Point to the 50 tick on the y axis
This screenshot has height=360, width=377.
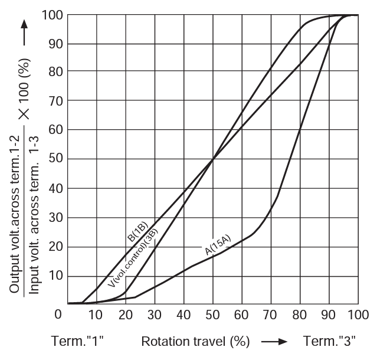point(57,159)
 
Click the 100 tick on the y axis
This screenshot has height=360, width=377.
point(54,15)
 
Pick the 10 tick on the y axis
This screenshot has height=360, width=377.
point(57,276)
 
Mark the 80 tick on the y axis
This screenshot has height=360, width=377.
point(57,71)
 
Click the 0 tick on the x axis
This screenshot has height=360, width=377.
point(58,314)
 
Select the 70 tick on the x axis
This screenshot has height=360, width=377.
point(270,314)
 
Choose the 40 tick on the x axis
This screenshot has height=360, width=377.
point(183,314)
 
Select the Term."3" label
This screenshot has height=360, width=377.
point(329,342)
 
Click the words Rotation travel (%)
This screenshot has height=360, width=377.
point(195,342)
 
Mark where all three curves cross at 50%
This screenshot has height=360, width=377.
point(212,159)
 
